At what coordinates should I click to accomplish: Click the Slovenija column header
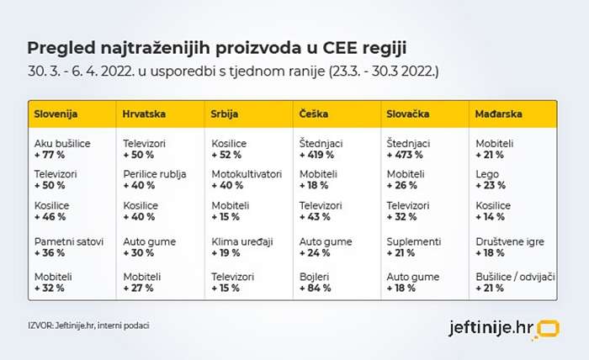(56, 114)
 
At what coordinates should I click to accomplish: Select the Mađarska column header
(498, 114)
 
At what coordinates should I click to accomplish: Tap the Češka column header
(314, 114)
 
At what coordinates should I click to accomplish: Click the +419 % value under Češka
(316, 155)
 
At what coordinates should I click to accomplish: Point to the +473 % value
(405, 155)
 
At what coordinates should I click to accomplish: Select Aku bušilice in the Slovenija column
(62, 143)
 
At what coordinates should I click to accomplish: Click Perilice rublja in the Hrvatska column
(155, 174)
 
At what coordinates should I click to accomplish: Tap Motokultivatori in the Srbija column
(247, 174)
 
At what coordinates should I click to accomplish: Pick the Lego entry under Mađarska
(487, 175)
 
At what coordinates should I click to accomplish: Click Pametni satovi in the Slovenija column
(69, 241)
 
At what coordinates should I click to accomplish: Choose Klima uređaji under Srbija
(242, 242)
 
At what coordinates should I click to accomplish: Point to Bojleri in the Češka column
(315, 277)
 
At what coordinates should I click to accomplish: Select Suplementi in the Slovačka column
(414, 242)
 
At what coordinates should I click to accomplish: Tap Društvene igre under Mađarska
(510, 242)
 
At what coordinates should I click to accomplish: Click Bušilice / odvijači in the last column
(515, 277)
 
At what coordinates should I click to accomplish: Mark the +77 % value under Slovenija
(49, 155)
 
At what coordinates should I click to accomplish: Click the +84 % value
(316, 289)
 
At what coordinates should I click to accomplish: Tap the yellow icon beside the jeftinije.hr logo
(548, 329)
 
